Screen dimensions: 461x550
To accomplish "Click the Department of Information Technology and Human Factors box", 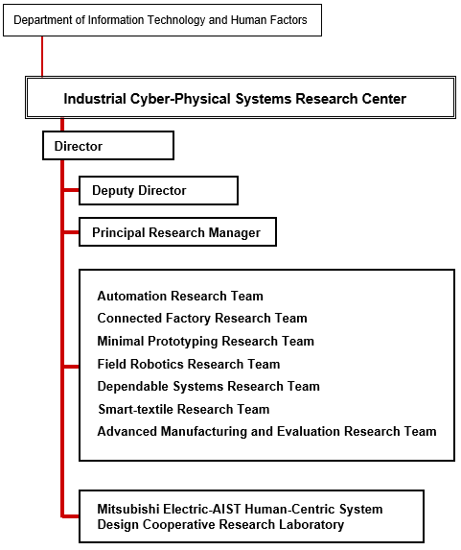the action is [x=162, y=20].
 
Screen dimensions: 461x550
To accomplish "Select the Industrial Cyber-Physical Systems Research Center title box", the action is [x=241, y=98].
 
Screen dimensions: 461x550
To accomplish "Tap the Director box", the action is [x=108, y=146].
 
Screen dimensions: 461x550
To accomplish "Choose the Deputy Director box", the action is [x=158, y=190].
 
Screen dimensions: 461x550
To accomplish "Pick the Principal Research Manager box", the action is [x=177, y=232].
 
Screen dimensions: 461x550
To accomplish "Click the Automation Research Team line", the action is [x=180, y=296].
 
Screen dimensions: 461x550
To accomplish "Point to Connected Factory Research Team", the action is [x=202, y=318].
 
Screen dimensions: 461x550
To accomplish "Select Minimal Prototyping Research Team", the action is [x=206, y=341].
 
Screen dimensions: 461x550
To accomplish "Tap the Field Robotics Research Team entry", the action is [x=189, y=364].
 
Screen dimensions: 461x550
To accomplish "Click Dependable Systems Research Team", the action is [x=208, y=386].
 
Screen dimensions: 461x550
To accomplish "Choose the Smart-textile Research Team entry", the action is [x=184, y=409].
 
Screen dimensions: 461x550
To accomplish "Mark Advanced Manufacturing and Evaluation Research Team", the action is [x=267, y=431].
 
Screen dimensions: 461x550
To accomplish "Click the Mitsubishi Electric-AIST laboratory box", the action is [x=251, y=516].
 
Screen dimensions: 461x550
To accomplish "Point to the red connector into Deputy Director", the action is [x=72, y=190].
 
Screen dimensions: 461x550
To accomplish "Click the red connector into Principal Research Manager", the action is [x=72, y=232].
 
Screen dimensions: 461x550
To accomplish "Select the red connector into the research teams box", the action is [x=72, y=367].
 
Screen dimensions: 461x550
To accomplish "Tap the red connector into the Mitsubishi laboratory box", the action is [x=70, y=516].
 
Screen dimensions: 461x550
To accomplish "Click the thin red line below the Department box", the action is [x=42, y=56].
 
